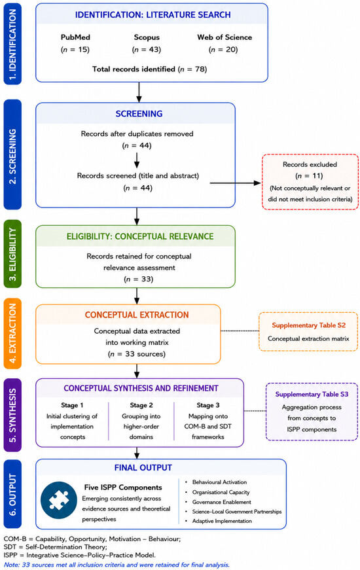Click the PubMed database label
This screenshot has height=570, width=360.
[75, 37]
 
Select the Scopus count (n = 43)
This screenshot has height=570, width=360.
[147, 50]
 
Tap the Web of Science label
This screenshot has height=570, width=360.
[225, 37]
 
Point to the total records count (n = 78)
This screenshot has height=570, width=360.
[192, 69]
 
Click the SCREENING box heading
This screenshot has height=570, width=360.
[139, 114]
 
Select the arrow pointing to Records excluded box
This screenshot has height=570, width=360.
[235, 183]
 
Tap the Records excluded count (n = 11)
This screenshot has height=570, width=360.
[310, 176]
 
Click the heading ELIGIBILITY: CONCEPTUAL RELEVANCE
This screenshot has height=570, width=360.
[140, 236]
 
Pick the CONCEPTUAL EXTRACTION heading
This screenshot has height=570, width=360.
[137, 315]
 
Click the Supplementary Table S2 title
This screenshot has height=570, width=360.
[309, 325]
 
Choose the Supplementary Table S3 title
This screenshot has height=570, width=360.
[312, 394]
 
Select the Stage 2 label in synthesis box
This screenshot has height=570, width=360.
[141, 405]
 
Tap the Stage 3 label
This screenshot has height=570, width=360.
[208, 405]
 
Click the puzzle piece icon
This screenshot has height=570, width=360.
[58, 500]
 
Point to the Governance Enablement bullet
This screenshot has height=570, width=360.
[221, 502]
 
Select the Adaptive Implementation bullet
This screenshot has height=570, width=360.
[222, 521]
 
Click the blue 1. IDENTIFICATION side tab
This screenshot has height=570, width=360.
[12, 44]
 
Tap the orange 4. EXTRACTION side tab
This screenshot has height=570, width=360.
[12, 334]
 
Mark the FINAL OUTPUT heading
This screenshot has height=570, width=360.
[143, 467]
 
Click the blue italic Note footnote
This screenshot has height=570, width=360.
[117, 565]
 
